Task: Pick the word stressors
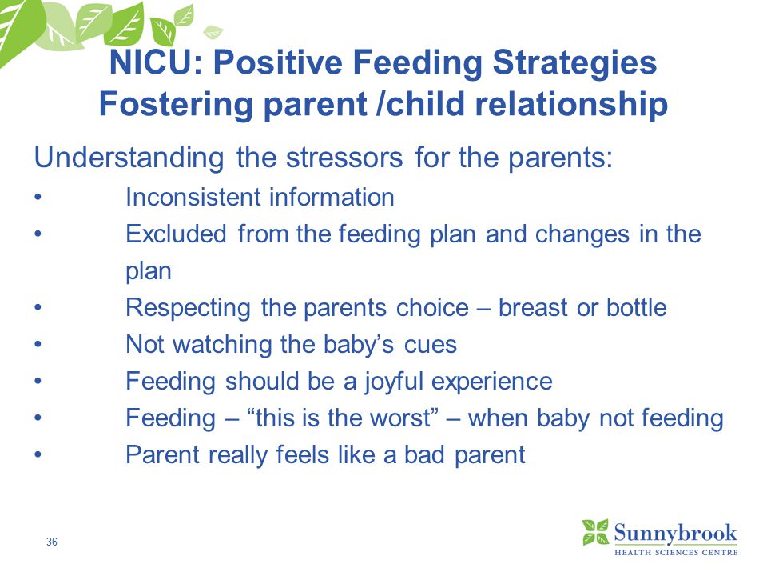point(344,158)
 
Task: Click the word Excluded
point(176,234)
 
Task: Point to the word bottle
point(637,307)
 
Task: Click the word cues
point(431,345)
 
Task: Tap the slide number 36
point(52,542)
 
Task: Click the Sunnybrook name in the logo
point(675,534)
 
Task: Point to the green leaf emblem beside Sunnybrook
point(595,532)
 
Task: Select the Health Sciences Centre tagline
point(676,553)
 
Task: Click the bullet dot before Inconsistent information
point(38,198)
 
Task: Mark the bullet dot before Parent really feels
point(38,455)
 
